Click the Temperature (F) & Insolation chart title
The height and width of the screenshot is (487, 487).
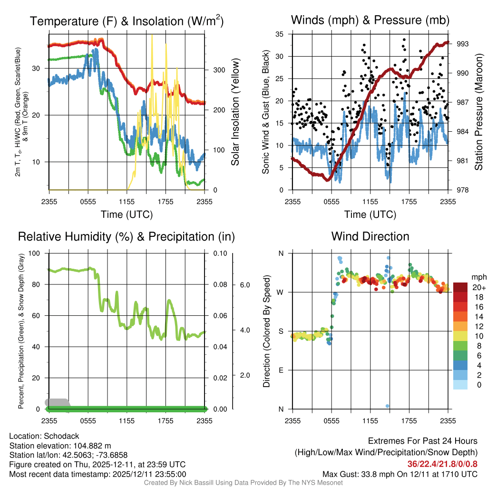point(127,21)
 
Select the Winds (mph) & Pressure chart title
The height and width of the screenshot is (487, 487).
point(370,20)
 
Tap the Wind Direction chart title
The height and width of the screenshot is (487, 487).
point(370,236)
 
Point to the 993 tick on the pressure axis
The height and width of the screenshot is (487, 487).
point(463,44)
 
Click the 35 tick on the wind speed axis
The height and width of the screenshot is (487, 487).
point(280,34)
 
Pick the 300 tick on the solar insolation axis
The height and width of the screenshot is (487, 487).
point(218,70)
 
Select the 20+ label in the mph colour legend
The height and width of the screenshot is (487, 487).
point(479,288)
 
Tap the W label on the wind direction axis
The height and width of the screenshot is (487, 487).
point(281,292)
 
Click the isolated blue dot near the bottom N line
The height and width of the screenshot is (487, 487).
point(388,406)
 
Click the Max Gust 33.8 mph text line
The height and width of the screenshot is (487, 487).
point(400,474)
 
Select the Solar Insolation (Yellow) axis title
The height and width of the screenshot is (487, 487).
point(235,112)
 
